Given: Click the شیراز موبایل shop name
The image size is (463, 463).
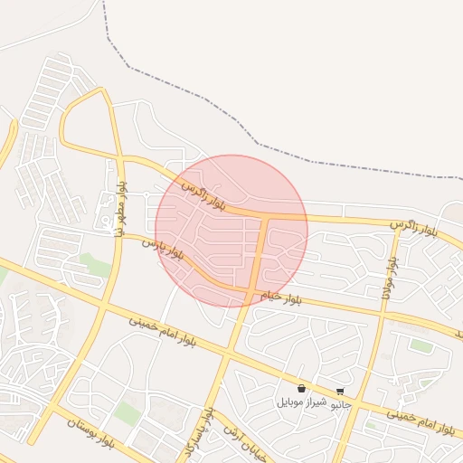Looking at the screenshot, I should pyautogui.click(x=299, y=402).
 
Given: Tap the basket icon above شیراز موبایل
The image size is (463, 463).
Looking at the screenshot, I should pyautogui.click(x=300, y=389).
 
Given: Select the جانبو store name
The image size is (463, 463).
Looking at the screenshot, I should pyautogui.click(x=339, y=404).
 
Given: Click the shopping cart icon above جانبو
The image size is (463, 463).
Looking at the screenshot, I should pyautogui.click(x=340, y=392).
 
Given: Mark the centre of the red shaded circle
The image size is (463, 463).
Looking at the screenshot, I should pyautogui.click(x=231, y=231).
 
